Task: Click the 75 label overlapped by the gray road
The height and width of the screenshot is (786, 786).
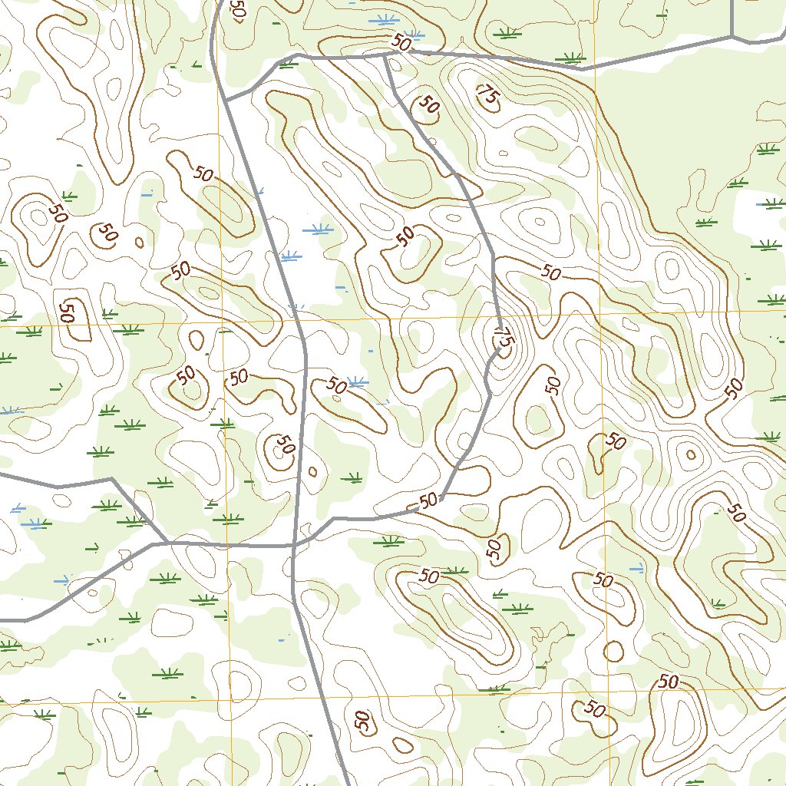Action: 504,337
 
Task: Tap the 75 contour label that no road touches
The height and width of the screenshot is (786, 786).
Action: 487,95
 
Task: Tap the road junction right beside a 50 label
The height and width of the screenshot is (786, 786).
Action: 385,54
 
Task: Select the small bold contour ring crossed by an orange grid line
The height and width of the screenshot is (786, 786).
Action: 613,651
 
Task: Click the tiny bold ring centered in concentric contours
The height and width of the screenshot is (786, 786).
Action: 691,454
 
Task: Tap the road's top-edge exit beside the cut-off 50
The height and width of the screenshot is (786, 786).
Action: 218,2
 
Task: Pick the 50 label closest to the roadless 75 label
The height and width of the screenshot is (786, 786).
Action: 428,104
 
